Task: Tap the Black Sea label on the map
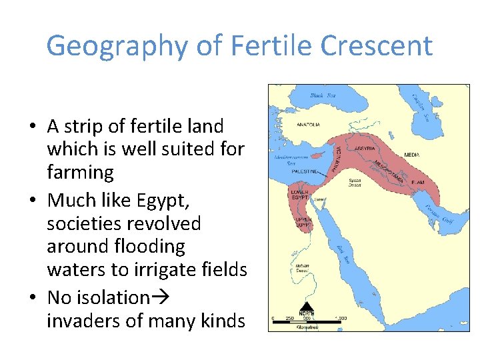[x=323, y=96]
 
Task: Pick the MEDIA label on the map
[x=412, y=155]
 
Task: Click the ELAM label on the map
[x=418, y=181]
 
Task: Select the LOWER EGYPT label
[x=299, y=196]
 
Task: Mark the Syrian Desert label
[x=356, y=183]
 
